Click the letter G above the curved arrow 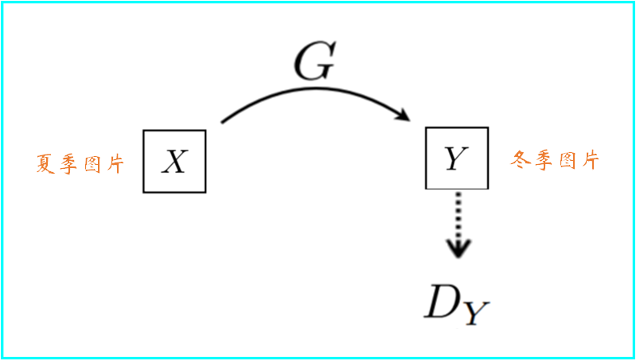315,64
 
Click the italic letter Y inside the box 456,159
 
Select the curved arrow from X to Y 315,90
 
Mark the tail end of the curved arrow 222,122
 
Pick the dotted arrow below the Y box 458,225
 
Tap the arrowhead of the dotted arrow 458,248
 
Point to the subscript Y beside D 478,313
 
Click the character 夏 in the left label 47,163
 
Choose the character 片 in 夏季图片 114,164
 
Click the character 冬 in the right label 521,160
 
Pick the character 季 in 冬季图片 543,160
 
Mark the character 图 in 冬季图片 566,161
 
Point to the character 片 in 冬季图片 589,161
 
